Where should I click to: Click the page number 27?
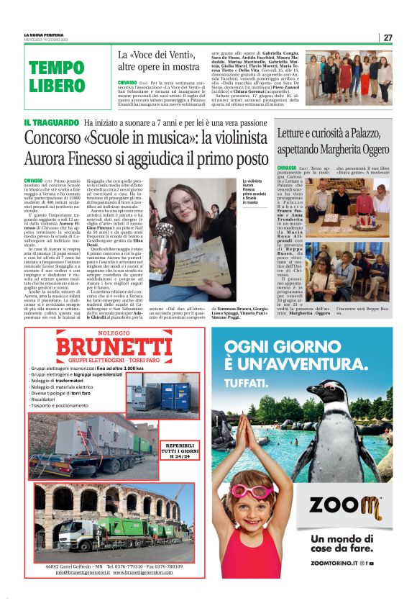[388, 37]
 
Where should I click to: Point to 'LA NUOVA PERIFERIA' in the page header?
[44, 35]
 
